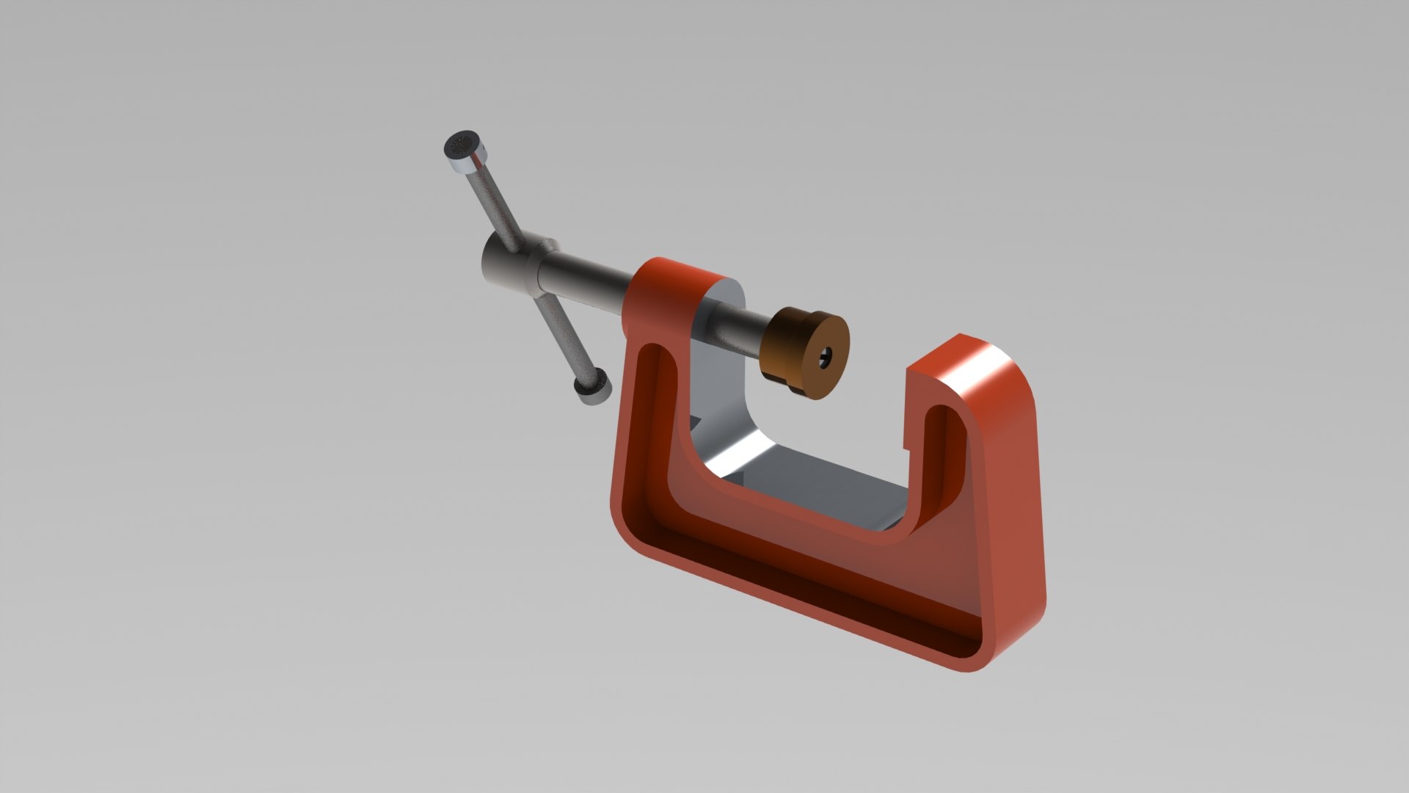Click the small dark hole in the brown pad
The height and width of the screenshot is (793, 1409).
pyautogui.click(x=826, y=358)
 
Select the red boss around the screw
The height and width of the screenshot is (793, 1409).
pyautogui.click(x=664, y=294)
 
